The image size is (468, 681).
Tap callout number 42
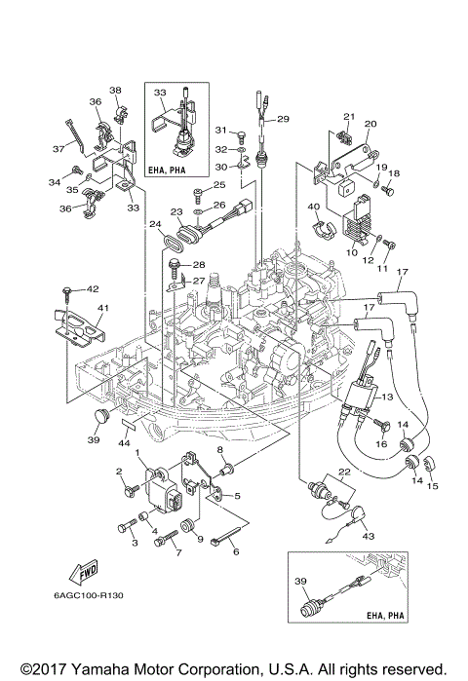pos(94,289)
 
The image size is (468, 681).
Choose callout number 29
pos(284,119)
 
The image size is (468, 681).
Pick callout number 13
pos(386,397)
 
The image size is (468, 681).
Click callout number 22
pos(342,472)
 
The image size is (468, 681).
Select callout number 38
pos(115,91)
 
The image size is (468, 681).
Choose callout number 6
pos(235,551)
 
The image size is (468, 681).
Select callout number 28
pos(198,264)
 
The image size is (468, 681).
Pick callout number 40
pos(314,207)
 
